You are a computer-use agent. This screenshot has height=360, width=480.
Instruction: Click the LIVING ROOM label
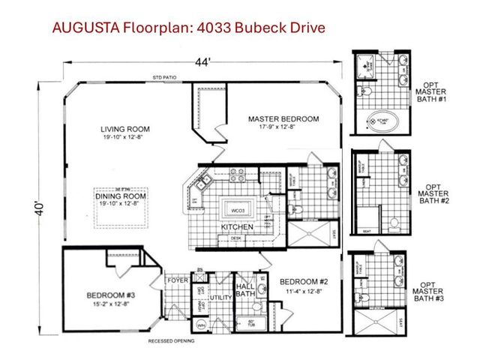point(123,128)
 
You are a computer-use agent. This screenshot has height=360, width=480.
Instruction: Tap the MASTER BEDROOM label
point(283,118)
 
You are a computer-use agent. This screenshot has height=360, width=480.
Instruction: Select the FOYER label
point(177,281)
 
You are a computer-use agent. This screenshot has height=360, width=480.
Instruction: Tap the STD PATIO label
point(163,78)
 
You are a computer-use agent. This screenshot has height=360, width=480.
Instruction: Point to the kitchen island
point(238,206)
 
